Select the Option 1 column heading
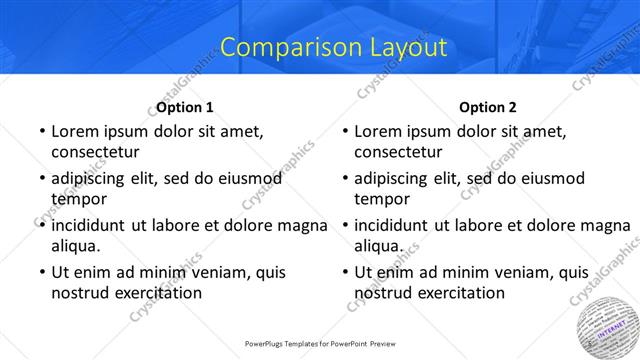click(185, 107)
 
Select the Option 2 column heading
click(488, 107)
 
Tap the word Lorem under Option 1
click(75, 131)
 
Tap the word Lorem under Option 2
click(378, 131)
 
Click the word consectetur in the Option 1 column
click(95, 152)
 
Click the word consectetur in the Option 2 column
click(398, 152)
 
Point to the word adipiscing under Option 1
click(91, 179)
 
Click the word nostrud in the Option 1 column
click(81, 292)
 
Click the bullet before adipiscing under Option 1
click(42, 179)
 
